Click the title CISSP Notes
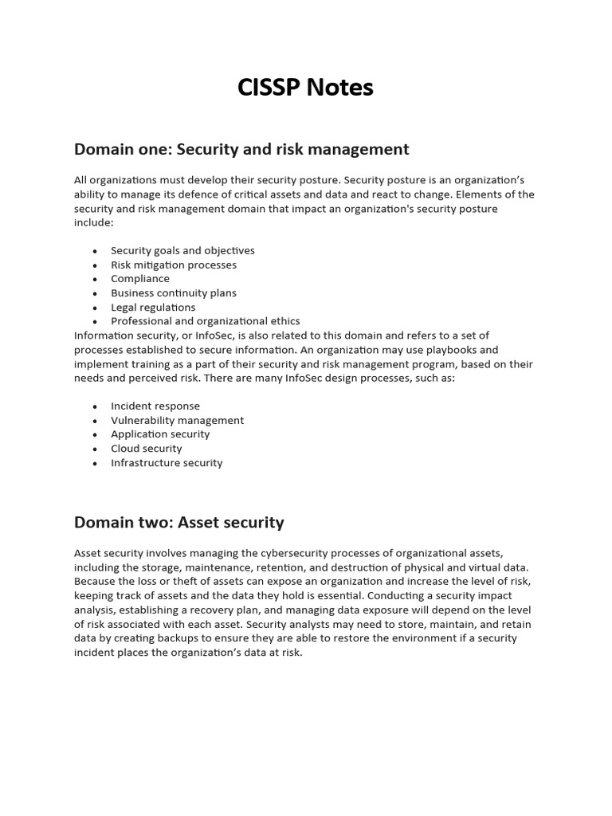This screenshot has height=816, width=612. (305, 88)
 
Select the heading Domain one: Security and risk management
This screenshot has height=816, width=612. (241, 149)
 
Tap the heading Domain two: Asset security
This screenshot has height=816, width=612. (179, 523)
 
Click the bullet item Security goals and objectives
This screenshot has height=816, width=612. (182, 250)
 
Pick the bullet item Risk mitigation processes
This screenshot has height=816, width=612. (174, 265)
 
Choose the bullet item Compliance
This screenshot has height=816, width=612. (140, 279)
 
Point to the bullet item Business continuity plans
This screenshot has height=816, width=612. (174, 293)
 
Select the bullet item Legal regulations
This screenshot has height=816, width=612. (153, 308)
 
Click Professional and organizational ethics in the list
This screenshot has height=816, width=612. (206, 321)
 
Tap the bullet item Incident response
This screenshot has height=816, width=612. (155, 406)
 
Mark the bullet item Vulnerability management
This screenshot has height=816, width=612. (178, 420)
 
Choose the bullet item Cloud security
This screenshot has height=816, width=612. (147, 449)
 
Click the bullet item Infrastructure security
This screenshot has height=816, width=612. (167, 463)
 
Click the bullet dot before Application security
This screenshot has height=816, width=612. (94, 435)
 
